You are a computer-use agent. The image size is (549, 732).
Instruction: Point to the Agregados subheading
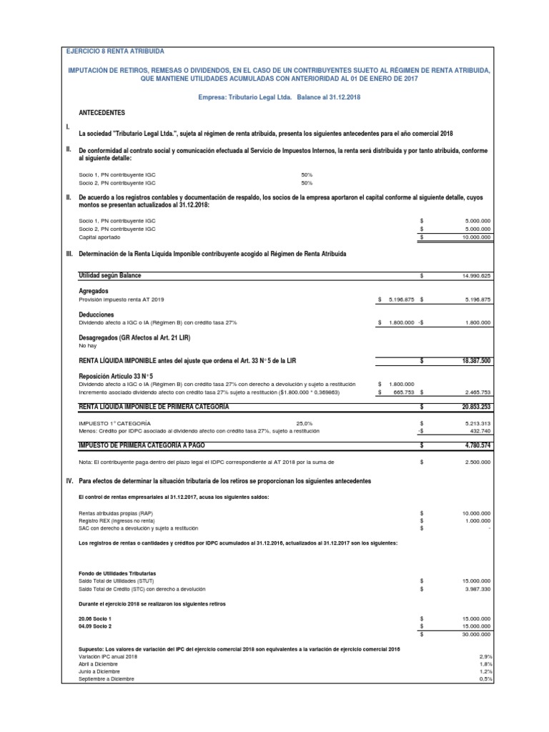(93, 292)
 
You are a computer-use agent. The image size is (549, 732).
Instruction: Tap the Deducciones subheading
(97, 315)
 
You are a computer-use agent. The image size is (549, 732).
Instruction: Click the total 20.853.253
(475, 406)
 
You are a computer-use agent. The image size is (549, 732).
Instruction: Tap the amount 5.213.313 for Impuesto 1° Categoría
(477, 423)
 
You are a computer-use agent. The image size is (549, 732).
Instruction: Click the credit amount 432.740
(480, 431)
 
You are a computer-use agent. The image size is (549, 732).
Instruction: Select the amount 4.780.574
(477, 445)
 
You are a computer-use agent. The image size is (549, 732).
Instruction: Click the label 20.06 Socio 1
(95, 618)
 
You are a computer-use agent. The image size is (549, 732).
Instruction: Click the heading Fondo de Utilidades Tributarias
(117, 573)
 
